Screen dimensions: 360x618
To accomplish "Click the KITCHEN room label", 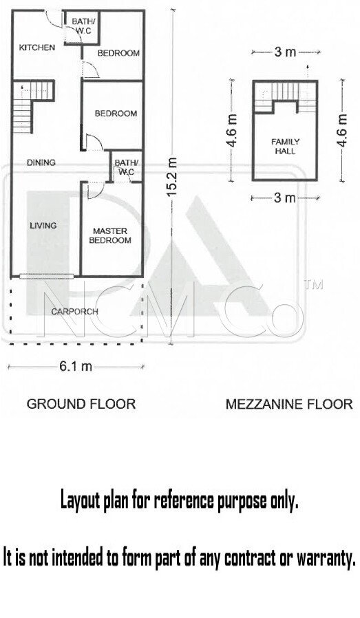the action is coord(37,47).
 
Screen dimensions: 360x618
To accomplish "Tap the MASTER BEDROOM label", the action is coord(110,235).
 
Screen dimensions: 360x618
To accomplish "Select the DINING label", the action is coord(41,162).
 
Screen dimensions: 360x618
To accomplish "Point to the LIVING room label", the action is coord(43,226).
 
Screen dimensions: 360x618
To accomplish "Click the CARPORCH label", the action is coord(74,312).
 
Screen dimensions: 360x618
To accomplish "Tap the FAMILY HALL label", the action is coord(286,146).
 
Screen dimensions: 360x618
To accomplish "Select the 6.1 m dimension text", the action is coord(76,367).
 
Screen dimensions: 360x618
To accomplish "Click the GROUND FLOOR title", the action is coord(81,404).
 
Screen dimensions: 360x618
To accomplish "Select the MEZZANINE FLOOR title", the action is coord(289,404).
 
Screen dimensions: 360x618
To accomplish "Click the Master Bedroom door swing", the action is coord(94,189).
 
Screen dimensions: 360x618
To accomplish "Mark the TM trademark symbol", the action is coord(315,284).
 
